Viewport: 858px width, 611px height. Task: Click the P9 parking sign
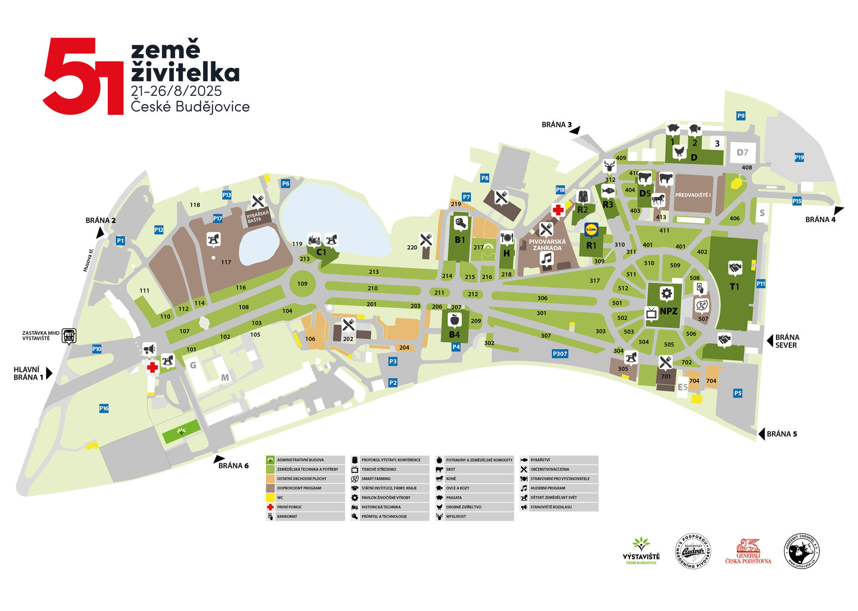coord(741,116)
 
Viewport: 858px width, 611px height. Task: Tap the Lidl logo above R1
coord(591,230)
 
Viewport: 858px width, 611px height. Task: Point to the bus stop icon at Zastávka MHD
coord(69,336)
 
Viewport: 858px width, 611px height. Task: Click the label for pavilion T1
coord(734,286)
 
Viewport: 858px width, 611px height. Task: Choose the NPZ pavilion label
coord(668,311)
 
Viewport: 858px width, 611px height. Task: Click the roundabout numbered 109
coord(302,284)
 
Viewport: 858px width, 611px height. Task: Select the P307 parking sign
coord(560,354)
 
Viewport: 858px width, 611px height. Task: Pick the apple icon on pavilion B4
coord(455,319)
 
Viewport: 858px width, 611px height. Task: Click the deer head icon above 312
coord(609,167)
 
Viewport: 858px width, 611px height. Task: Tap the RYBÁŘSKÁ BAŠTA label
coord(258,217)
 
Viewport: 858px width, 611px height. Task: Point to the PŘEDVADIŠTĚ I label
coord(693,195)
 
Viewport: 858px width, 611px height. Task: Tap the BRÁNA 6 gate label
coord(233,465)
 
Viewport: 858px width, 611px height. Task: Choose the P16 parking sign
coord(104,408)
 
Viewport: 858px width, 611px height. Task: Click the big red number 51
coord(84,76)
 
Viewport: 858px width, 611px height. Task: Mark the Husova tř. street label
coord(89,260)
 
